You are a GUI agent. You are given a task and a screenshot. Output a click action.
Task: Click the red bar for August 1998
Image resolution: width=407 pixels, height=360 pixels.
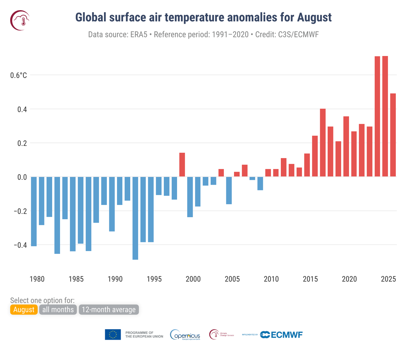[182, 165]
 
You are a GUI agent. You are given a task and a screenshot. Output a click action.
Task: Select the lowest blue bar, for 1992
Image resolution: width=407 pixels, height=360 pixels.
[135, 218]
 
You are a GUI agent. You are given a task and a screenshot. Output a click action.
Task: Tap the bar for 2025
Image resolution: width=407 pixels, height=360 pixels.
[393, 135]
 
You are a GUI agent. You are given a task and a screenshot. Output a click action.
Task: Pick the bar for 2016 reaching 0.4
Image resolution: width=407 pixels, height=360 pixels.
[323, 143]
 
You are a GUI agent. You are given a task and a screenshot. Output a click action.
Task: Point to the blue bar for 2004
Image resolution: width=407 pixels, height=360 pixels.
[229, 190]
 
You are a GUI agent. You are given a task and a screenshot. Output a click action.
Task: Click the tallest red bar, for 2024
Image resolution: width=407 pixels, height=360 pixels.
[385, 116]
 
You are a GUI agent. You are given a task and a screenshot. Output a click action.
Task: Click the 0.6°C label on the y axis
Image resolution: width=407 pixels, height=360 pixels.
[18, 75]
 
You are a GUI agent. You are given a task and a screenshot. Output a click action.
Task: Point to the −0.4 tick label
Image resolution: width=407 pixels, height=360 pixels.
[20, 245]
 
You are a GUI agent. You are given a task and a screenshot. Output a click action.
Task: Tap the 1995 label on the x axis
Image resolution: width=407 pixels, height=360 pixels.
[154, 279]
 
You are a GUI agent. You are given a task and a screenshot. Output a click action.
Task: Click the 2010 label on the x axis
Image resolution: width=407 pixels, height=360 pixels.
[271, 279]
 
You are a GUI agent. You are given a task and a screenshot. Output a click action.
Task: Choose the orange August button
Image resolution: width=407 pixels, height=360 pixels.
[24, 309]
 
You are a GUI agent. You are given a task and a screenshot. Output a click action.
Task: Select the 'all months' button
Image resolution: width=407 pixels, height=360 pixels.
[58, 309]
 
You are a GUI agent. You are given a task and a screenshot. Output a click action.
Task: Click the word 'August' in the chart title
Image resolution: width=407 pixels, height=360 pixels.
[314, 17]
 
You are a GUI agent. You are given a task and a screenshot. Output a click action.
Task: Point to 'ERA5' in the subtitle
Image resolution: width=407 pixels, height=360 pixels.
[138, 35]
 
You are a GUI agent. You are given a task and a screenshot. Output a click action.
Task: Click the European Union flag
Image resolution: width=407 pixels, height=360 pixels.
[113, 335]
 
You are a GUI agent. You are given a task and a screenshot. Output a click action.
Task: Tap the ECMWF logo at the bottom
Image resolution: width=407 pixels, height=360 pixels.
[282, 335]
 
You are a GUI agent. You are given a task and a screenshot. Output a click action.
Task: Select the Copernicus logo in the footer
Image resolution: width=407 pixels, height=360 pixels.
[185, 335]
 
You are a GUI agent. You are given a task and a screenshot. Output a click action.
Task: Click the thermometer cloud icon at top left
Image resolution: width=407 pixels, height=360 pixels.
[20, 20]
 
